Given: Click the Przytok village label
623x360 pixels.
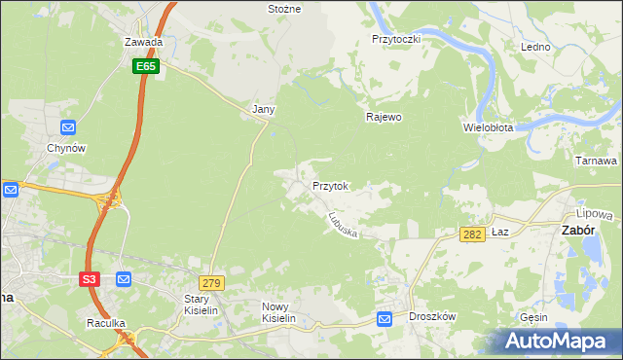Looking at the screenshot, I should pos(330,185).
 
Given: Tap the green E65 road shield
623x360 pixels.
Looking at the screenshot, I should pos(146,65).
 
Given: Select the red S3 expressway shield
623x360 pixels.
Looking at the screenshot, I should pos(90,279).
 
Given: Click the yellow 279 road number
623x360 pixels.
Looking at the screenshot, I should pos(213,282).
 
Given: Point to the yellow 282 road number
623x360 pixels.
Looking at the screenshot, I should pos(472,235).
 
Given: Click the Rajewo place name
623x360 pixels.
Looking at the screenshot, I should pos(384,117).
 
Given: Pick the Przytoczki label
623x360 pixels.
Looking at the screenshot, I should pos(395,39).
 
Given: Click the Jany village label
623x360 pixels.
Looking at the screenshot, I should pos(263,110).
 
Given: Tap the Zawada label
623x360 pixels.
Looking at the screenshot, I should pos(143,43).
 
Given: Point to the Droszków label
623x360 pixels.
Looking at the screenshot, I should pos(433,317).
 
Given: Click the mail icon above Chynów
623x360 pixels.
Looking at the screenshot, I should pos(68,127).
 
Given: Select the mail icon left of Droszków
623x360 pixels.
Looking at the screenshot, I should pos(385,318).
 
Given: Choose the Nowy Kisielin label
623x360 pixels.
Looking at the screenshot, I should pos(278,311).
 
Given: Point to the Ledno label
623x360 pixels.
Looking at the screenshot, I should pos(535,47).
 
